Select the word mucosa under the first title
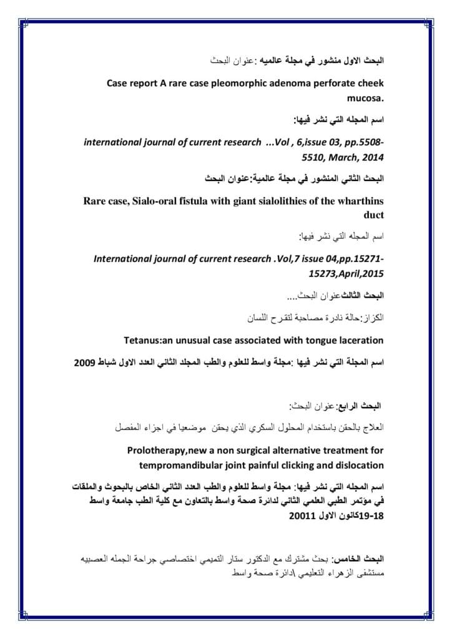click(365, 98)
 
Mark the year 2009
click(87, 362)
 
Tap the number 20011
click(304, 517)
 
